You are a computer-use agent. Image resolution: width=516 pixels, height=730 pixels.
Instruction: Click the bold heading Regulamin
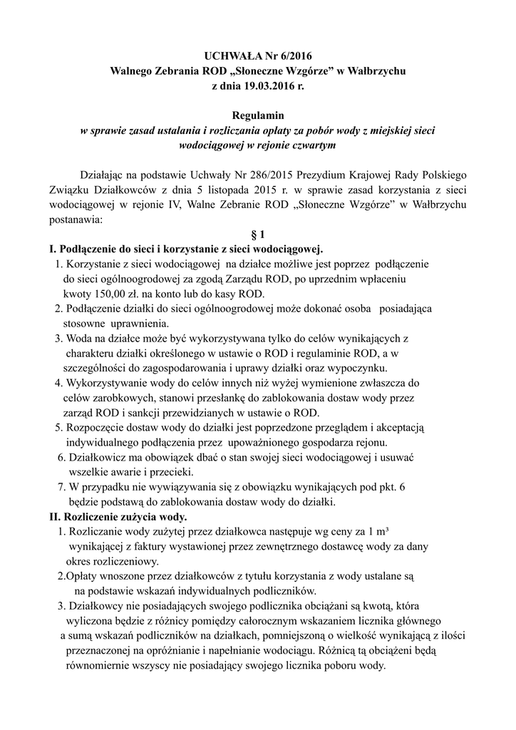coord(258,115)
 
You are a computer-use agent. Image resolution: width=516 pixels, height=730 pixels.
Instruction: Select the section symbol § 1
coord(258,235)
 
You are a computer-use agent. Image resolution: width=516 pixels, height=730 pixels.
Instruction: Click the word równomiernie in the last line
coord(103,666)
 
